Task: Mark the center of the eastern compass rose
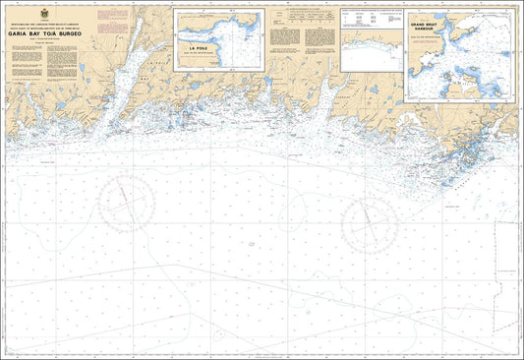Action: pyautogui.click(x=369, y=221)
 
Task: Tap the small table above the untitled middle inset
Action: pyautogui.click(x=371, y=18)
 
